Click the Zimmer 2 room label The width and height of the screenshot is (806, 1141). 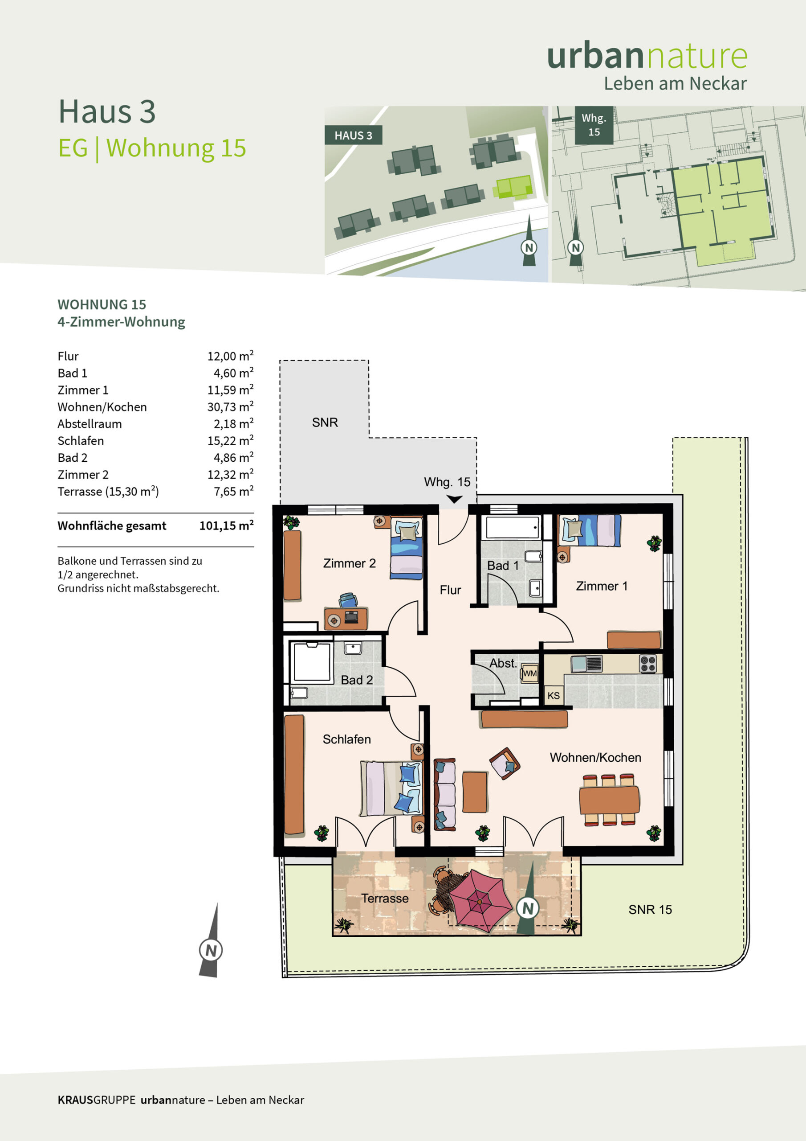349,563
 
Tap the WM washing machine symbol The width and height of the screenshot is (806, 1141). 529,673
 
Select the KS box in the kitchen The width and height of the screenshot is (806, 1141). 553,696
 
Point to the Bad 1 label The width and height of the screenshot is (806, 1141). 503,566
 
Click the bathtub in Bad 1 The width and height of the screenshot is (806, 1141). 513,527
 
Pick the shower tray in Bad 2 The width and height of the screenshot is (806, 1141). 312,662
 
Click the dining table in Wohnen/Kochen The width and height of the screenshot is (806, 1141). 609,799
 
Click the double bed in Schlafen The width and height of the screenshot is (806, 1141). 391,788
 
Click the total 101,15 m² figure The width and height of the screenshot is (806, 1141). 227,525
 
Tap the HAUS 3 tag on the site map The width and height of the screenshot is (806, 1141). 353,135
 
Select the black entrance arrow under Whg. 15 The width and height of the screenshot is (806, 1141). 454,499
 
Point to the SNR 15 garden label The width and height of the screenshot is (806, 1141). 650,909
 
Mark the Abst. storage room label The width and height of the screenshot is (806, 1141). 503,663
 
